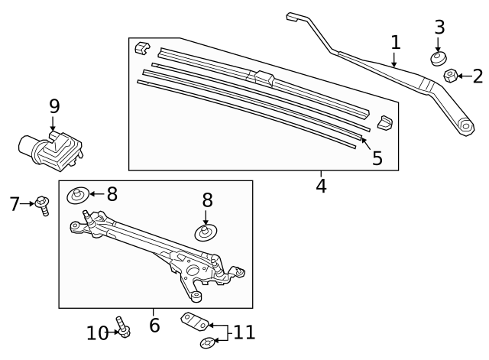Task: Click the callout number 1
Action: point(395,42)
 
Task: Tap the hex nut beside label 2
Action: point(451,75)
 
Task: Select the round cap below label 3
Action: point(438,59)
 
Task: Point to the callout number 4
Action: point(321,186)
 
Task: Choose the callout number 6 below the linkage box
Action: point(154,326)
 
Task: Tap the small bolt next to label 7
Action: point(41,206)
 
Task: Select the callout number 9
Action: point(53,106)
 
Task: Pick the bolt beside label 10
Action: point(122,326)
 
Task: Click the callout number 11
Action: point(244,332)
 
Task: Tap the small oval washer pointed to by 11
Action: point(206,342)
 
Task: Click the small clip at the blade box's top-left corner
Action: point(141,49)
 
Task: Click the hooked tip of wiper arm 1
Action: point(293,18)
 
